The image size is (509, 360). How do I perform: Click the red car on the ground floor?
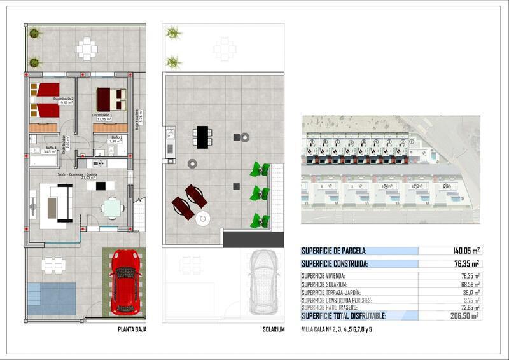(x=125, y=281)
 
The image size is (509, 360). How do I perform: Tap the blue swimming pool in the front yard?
(x=52, y=299)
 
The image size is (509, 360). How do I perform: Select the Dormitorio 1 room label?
(x=102, y=115)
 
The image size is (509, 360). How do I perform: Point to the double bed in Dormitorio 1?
(x=111, y=99)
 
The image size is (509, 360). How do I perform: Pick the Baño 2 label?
(x=116, y=137)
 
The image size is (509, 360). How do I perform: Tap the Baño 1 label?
(x=50, y=149)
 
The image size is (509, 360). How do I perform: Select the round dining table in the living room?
(x=112, y=209)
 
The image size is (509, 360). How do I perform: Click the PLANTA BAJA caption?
(x=132, y=329)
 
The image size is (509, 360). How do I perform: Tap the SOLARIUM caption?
(x=274, y=329)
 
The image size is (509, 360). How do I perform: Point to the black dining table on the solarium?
(x=203, y=137)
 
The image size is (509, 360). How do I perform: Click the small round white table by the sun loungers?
(x=203, y=219)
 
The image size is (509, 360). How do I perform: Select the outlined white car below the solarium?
(x=263, y=281)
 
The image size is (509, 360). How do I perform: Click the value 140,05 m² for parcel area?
(x=466, y=251)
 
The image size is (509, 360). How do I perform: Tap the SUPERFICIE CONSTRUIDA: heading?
(x=335, y=263)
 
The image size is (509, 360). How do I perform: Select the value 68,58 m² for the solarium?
(x=471, y=284)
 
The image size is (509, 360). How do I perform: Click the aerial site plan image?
(x=391, y=169)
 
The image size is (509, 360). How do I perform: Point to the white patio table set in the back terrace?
(x=87, y=48)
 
